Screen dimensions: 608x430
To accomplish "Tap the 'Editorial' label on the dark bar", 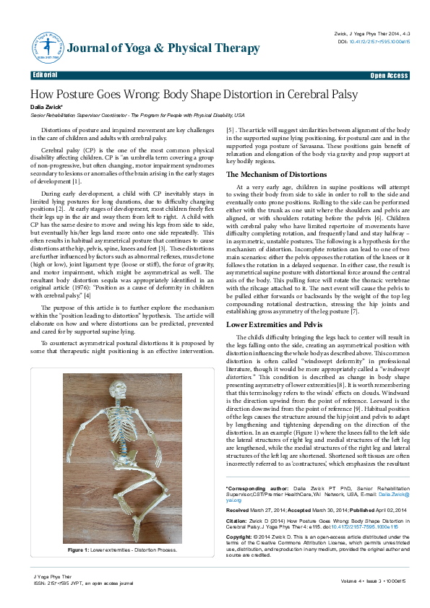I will tap(46, 75).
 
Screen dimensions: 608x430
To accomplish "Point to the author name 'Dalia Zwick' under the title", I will tap(46, 106).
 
